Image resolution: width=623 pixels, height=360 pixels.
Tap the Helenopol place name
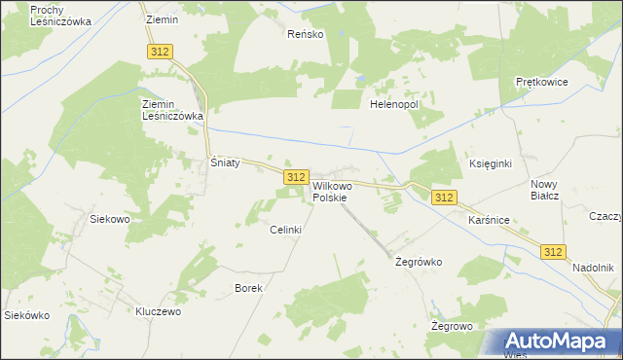coord(393,103)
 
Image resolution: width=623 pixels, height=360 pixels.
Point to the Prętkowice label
coord(541,83)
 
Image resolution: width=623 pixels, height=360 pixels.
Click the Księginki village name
coord(491,163)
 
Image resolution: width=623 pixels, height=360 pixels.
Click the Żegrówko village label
coord(419,262)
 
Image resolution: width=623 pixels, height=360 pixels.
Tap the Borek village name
coord(248,288)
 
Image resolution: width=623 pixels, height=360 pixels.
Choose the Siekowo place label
coord(110,219)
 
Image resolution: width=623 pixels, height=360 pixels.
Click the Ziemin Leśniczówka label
coord(171,109)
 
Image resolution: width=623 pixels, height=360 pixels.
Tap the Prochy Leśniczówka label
coord(60,15)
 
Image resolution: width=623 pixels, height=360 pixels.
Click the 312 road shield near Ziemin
coord(161,51)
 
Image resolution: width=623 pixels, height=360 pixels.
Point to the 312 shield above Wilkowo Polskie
coord(297,176)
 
